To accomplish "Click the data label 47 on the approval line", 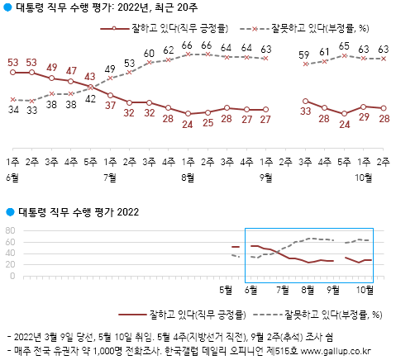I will pyautogui.click(x=71, y=71).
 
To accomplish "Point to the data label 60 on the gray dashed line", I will pyautogui.click(x=149, y=54).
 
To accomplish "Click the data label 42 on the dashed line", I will pyautogui.click(x=90, y=98).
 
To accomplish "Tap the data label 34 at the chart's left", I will pyautogui.click(x=12, y=108).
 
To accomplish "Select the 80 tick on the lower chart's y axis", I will pyautogui.click(x=10, y=230).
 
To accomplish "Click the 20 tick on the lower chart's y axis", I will pyautogui.click(x=10, y=265).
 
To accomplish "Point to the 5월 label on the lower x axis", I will pyautogui.click(x=225, y=290).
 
